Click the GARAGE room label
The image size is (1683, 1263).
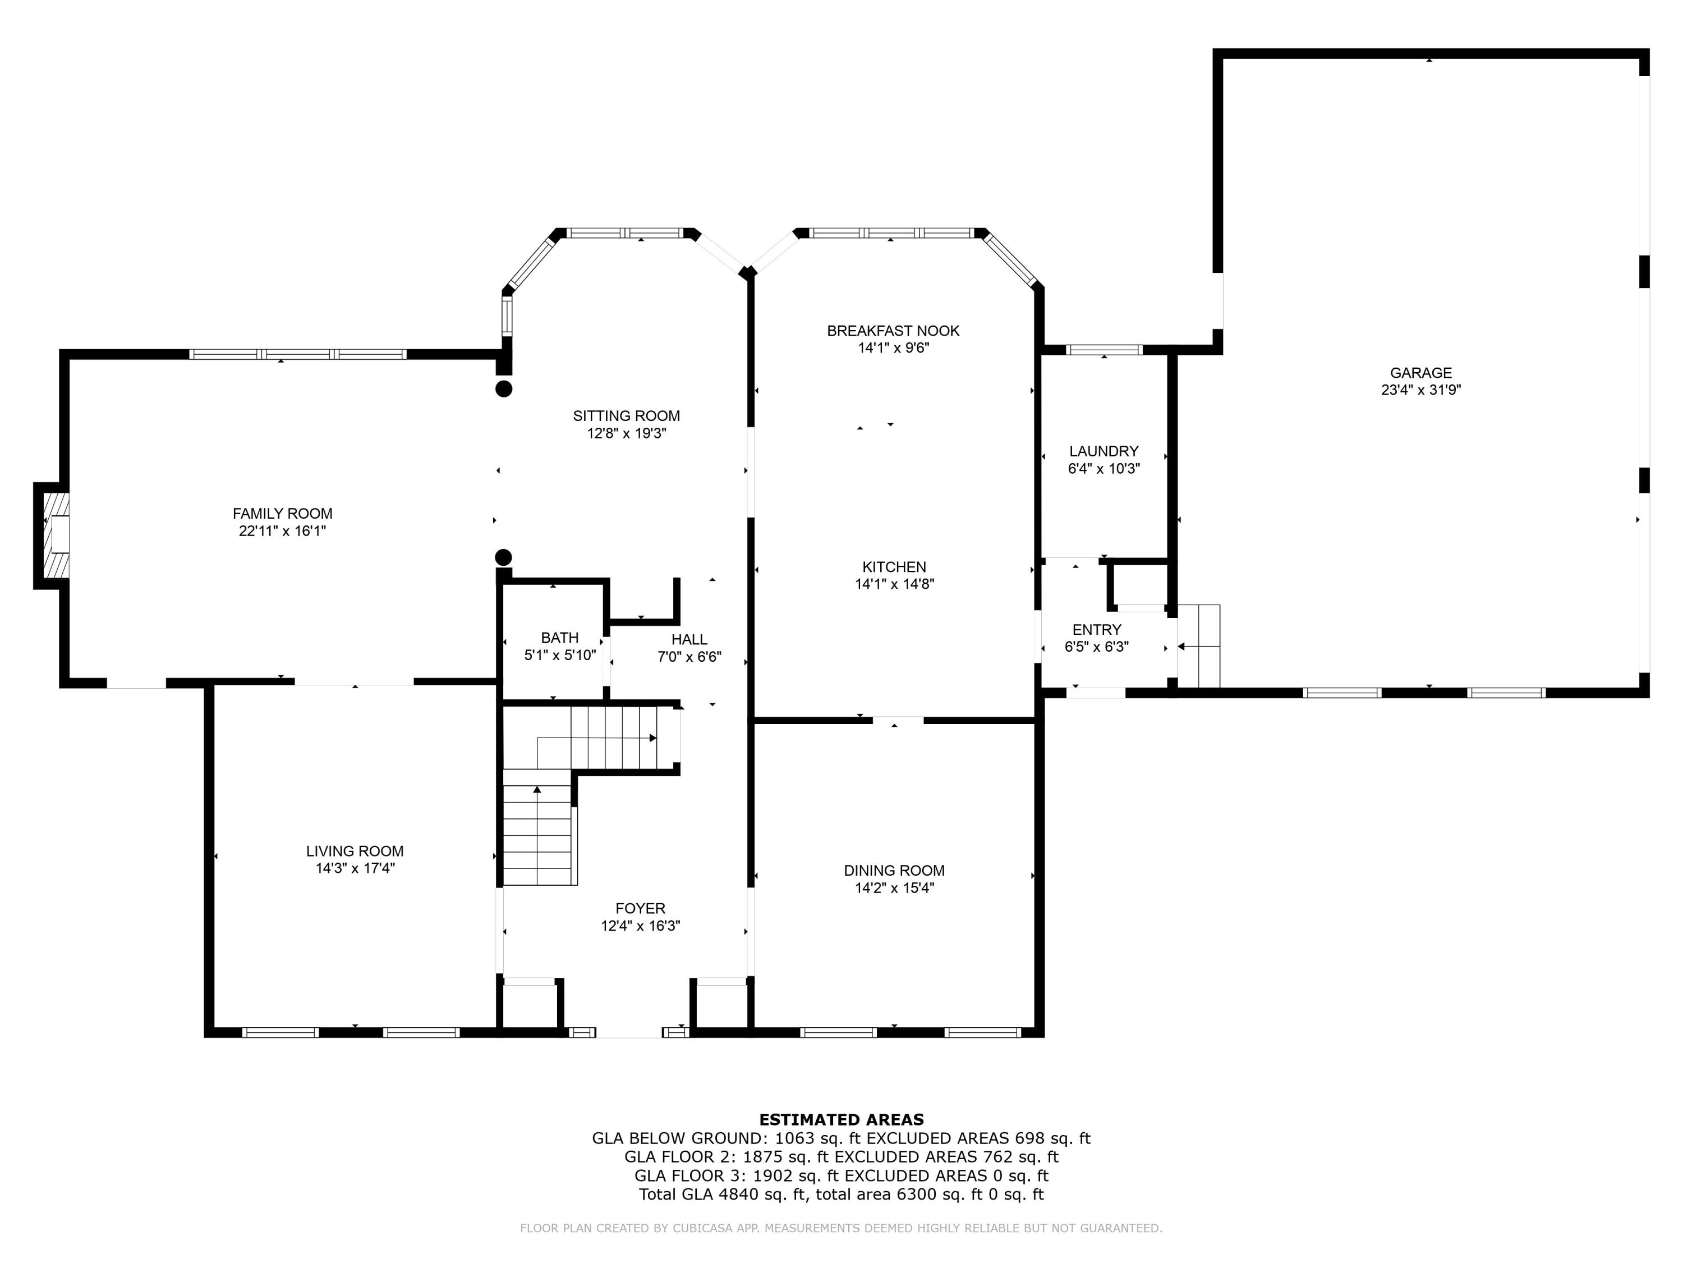coord(1420,373)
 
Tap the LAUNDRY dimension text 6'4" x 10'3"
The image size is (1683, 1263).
coord(1103,469)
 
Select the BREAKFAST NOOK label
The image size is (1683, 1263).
coord(893,331)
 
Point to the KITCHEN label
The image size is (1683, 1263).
coord(894,567)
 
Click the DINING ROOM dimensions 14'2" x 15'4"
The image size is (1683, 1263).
coord(894,887)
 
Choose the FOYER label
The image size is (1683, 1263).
coord(640,908)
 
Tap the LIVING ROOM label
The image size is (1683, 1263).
coord(355,851)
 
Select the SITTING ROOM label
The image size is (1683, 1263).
coord(626,417)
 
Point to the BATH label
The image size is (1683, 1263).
coord(559,638)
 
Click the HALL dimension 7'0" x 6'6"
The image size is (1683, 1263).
coord(689,657)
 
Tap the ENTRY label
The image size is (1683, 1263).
coord(1096,630)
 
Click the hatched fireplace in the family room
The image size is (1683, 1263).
coord(56,535)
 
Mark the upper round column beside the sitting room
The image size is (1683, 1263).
coord(504,389)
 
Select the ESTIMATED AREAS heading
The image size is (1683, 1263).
coord(842,1120)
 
